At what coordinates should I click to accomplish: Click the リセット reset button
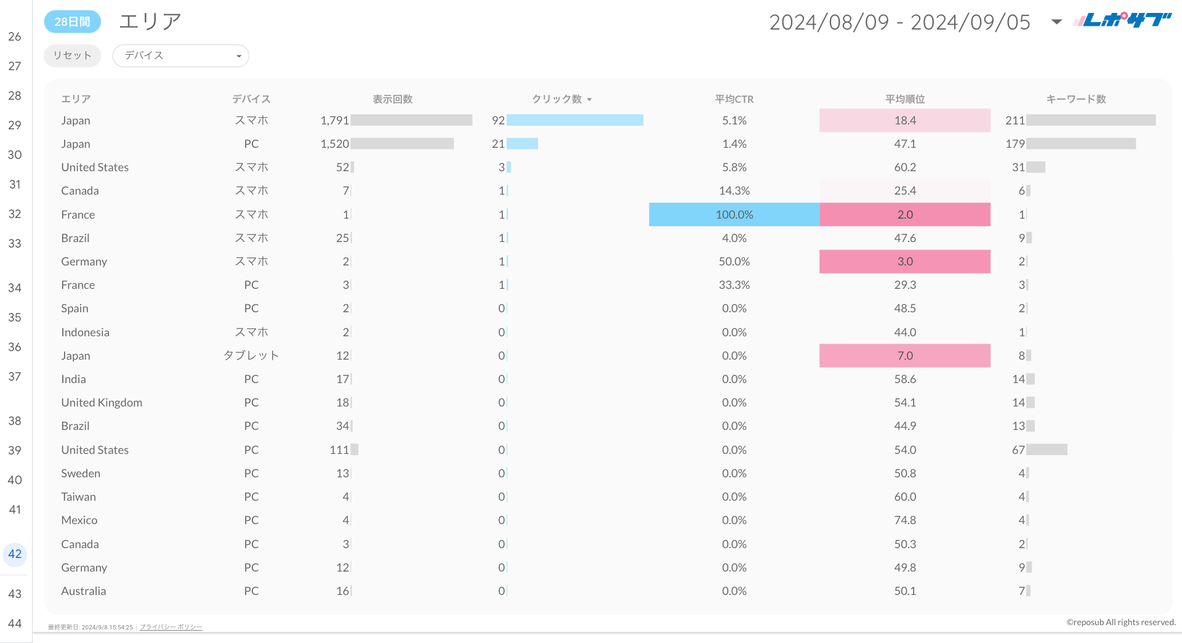(72, 55)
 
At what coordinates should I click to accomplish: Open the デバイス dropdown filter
(180, 55)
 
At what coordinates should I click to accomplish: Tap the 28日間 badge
(72, 22)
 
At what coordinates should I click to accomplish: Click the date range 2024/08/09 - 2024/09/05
(899, 22)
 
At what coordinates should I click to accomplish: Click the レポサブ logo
(1122, 20)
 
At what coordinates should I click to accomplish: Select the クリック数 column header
(557, 99)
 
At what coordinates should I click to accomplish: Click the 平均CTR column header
(734, 99)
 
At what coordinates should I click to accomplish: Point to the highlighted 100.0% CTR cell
(734, 214)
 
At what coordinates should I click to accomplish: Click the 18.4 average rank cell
(904, 120)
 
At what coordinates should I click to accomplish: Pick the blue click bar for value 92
(574, 120)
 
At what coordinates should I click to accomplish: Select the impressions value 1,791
(334, 120)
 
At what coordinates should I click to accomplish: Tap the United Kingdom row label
(102, 402)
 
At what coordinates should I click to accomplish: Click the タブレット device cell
(251, 355)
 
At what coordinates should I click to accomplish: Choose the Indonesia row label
(85, 332)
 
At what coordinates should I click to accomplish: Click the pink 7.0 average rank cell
(904, 355)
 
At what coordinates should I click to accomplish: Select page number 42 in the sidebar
(15, 554)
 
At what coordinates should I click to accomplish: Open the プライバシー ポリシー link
(171, 627)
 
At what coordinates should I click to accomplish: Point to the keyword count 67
(1018, 450)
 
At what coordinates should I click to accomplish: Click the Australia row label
(84, 591)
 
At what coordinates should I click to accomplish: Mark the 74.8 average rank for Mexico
(905, 520)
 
